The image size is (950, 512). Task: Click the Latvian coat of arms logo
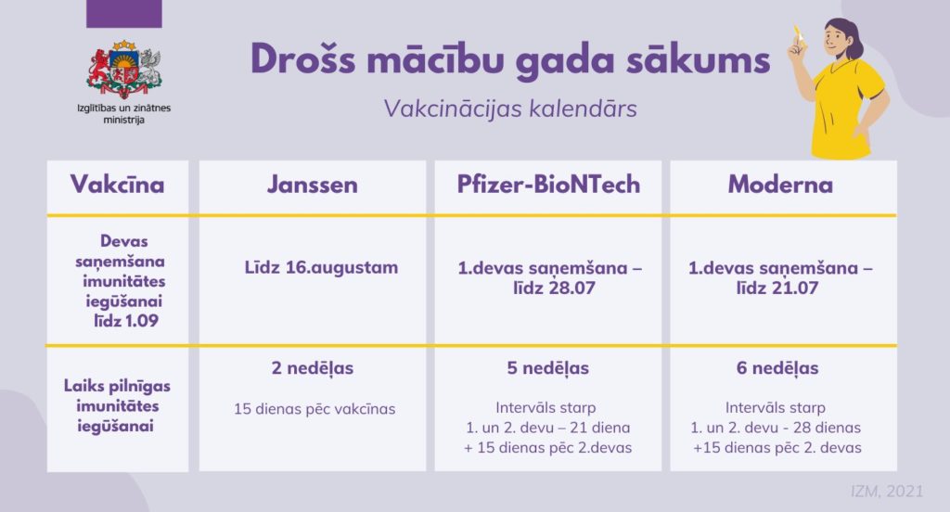pyautogui.click(x=124, y=70)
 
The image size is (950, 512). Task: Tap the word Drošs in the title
pyautogui.click(x=303, y=60)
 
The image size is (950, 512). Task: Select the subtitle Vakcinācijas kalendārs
pyautogui.click(x=510, y=109)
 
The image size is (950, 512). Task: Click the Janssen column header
pyautogui.click(x=313, y=185)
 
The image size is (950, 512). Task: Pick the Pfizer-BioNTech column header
pyautogui.click(x=548, y=185)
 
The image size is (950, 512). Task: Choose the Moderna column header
pyautogui.click(x=780, y=185)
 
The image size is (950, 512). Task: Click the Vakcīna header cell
pyautogui.click(x=118, y=185)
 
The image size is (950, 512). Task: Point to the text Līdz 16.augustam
pyautogui.click(x=321, y=267)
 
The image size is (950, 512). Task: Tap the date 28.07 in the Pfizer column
pyautogui.click(x=571, y=288)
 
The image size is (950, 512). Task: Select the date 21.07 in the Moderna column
pyautogui.click(x=794, y=288)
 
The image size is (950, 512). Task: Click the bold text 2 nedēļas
pyautogui.click(x=313, y=368)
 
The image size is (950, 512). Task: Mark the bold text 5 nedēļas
pyautogui.click(x=547, y=368)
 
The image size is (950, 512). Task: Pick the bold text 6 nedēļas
pyautogui.click(x=777, y=368)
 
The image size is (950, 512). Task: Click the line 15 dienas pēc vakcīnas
pyautogui.click(x=315, y=409)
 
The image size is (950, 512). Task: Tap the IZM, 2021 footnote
pyautogui.click(x=887, y=491)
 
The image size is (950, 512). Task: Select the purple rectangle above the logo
pyautogui.click(x=124, y=13)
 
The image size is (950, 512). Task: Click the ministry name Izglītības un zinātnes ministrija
pyautogui.click(x=123, y=114)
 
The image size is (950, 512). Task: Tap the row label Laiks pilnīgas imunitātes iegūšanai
pyautogui.click(x=116, y=406)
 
